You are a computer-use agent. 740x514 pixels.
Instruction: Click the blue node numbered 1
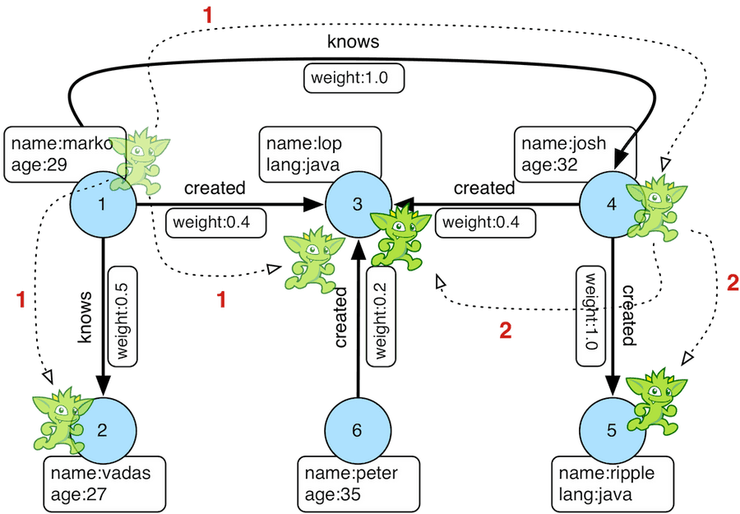pyautogui.click(x=103, y=205)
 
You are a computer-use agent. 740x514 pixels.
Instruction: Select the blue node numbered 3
pyautogui.click(x=358, y=205)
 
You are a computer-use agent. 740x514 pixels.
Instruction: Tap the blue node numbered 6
pyautogui.click(x=358, y=430)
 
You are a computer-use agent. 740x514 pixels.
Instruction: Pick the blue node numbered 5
pyautogui.click(x=612, y=430)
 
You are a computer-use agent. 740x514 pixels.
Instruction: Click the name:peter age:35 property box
pyautogui.click(x=358, y=484)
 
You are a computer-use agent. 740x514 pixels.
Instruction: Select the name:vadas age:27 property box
pyautogui.click(x=104, y=484)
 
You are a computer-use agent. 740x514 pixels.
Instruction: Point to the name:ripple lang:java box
pyautogui.click(x=613, y=484)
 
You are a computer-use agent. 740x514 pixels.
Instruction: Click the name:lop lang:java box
pyautogui.click(x=320, y=155)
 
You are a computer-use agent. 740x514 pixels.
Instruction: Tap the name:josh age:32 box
pyautogui.click(x=575, y=155)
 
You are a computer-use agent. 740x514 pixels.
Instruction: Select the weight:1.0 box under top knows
pyautogui.click(x=354, y=78)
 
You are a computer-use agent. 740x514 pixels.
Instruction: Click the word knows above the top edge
pyautogui.click(x=353, y=42)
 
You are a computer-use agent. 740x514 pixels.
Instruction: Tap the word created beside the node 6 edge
pyautogui.click(x=340, y=317)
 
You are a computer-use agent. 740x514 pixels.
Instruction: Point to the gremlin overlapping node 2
pyautogui.click(x=62, y=419)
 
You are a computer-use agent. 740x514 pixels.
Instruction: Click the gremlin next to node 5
pyautogui.click(x=656, y=401)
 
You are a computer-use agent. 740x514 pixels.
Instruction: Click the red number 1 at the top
pyautogui.click(x=208, y=16)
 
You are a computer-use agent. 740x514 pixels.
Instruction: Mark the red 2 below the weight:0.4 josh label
pyautogui.click(x=506, y=331)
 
